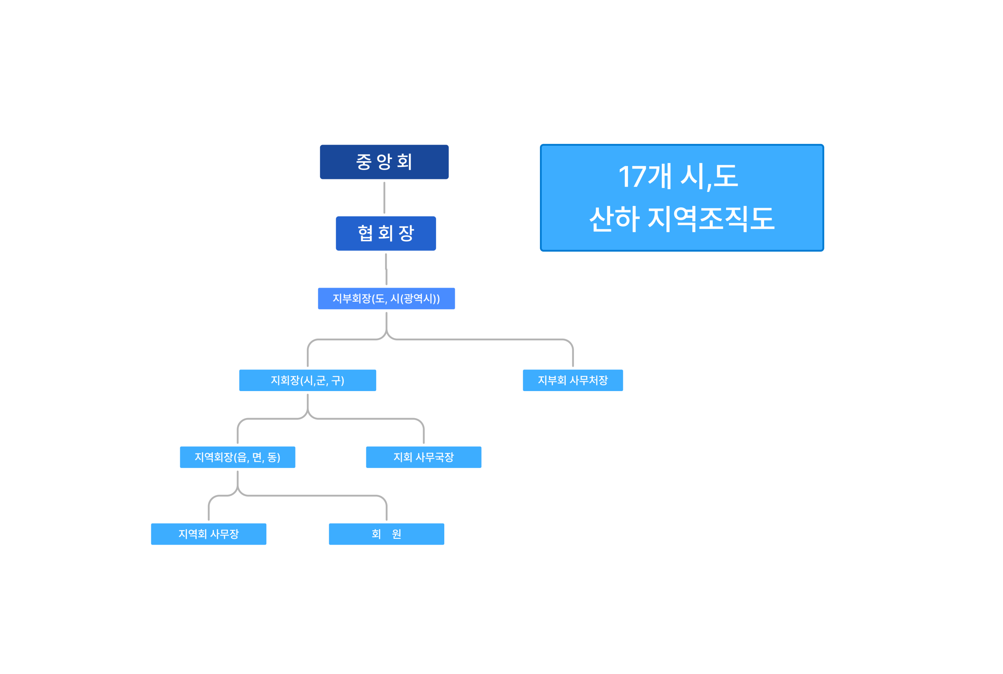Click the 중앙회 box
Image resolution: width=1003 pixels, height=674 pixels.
click(x=384, y=162)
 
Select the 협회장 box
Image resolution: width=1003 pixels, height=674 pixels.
click(x=386, y=234)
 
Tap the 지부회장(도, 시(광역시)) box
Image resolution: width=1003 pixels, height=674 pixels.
click(x=386, y=298)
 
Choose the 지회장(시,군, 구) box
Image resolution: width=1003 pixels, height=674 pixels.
click(x=308, y=380)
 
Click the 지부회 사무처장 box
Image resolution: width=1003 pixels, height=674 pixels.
click(x=573, y=380)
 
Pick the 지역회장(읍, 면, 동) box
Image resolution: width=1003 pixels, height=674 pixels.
click(x=238, y=457)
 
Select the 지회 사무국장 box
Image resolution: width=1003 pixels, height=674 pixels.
click(x=424, y=457)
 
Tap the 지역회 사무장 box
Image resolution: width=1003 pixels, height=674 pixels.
click(x=208, y=534)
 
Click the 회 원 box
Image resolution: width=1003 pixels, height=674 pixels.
click(x=386, y=534)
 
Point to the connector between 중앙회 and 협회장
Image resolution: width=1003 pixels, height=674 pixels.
click(x=384, y=198)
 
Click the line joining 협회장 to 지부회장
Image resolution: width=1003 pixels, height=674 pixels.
click(x=386, y=269)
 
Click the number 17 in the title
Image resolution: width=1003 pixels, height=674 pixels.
click(x=632, y=177)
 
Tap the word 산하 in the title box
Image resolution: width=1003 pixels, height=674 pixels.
click(x=614, y=219)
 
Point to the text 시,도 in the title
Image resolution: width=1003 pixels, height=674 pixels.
click(x=710, y=177)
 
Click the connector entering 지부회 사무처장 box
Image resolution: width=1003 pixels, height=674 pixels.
click(x=573, y=355)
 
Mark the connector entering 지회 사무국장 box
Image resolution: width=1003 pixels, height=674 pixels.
click(x=424, y=432)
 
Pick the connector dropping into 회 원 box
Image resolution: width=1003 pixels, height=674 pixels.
click(x=386, y=509)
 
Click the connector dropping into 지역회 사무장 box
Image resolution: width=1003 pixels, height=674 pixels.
click(x=209, y=509)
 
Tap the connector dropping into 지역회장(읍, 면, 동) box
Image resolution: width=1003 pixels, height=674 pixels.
click(x=238, y=432)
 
